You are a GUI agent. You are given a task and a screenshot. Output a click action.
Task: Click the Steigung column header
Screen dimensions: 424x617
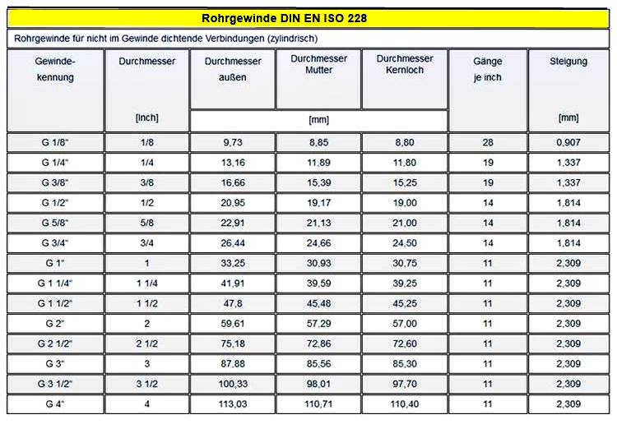coord(568,61)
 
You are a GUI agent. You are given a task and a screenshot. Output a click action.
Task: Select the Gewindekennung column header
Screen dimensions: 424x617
coord(56,70)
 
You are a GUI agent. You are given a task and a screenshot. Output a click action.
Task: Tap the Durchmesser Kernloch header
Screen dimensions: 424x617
coord(404,64)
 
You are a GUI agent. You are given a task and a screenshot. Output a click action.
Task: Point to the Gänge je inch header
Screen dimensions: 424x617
coord(488,70)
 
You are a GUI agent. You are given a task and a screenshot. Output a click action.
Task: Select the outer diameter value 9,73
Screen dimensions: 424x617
coord(232,142)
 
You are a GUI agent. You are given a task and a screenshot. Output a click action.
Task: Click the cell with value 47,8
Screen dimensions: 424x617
coord(232,303)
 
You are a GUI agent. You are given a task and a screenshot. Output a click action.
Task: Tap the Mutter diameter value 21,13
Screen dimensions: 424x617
coord(318,223)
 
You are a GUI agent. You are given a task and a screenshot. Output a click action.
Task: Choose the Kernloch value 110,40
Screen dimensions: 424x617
coord(404,404)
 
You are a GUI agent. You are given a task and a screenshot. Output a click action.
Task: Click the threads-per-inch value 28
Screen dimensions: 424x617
coord(488,142)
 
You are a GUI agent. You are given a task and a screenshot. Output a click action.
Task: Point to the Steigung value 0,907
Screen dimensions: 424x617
coord(568,142)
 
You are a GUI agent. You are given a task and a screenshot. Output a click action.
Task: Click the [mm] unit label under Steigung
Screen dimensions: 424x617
coord(568,118)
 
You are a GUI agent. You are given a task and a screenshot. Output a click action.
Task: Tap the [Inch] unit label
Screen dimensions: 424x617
coord(146,118)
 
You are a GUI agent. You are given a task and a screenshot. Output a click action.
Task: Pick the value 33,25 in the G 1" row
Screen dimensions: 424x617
coord(232,263)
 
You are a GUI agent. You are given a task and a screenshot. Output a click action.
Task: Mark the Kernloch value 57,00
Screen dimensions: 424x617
coord(404,324)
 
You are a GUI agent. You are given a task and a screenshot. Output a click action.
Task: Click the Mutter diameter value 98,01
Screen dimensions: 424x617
coord(318,384)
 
